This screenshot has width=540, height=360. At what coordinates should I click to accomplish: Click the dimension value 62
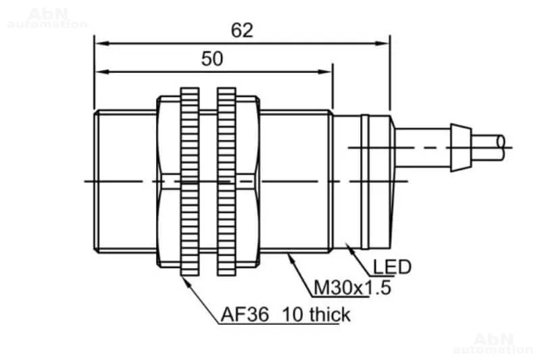(242, 30)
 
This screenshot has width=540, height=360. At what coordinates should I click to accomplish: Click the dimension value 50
(212, 59)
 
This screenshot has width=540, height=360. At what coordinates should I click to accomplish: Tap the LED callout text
(392, 267)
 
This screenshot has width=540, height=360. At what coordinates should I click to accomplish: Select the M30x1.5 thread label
(352, 287)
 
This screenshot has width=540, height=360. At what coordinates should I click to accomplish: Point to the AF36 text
(245, 314)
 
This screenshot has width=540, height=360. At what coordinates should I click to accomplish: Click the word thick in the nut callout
(330, 314)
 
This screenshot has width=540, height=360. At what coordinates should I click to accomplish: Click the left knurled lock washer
(190, 182)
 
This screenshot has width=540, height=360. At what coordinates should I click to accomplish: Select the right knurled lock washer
(226, 182)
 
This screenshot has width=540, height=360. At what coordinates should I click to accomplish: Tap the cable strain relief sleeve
(461, 148)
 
